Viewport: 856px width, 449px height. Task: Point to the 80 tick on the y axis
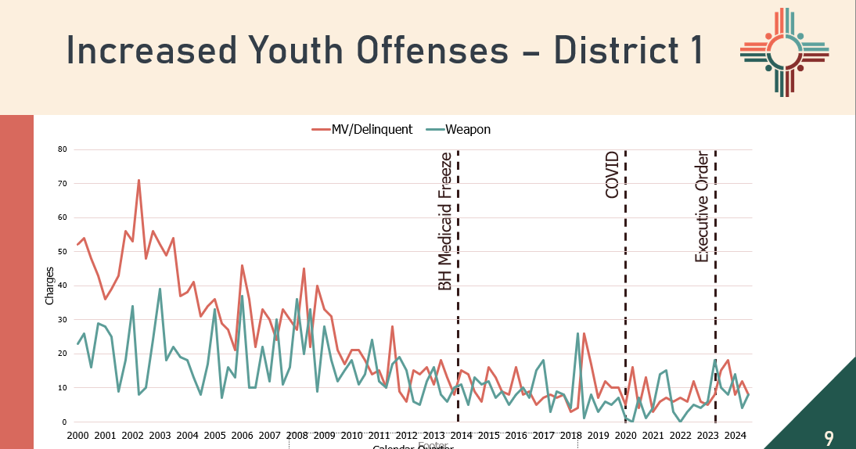(63, 149)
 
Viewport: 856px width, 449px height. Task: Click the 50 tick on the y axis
(63, 252)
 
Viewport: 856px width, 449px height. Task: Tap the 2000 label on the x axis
(77, 435)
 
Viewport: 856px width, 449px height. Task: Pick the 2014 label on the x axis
(461, 435)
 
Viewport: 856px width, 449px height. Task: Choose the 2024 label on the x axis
(735, 435)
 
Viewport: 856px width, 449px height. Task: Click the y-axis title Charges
(50, 286)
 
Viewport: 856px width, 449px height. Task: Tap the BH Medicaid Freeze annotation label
(444, 221)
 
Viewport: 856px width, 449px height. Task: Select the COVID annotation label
(613, 174)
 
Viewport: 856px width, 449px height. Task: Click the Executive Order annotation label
(702, 207)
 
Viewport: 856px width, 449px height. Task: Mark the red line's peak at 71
(138, 180)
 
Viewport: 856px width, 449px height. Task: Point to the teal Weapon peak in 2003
(160, 289)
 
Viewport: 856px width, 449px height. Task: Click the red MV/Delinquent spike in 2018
(584, 333)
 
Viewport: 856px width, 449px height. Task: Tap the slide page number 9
(829, 437)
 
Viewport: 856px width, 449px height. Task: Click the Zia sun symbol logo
(784, 52)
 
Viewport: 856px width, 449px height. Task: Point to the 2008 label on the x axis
(297, 435)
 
